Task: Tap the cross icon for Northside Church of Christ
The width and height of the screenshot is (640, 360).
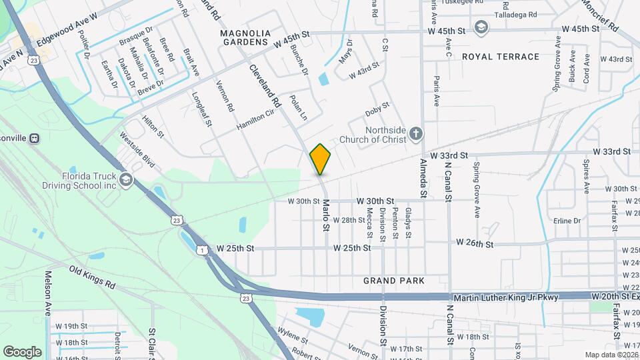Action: [x=415, y=134]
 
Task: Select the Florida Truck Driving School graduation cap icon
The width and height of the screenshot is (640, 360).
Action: [x=125, y=179]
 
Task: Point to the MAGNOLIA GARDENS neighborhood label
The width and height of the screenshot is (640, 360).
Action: [x=245, y=37]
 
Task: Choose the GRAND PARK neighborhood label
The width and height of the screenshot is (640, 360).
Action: [x=393, y=281]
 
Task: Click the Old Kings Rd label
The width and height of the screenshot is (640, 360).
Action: [x=92, y=276]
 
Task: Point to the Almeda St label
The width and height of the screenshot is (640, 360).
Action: [x=423, y=179]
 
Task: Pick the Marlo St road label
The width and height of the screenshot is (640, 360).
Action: [x=327, y=215]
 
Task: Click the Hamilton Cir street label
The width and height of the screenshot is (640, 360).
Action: [x=255, y=120]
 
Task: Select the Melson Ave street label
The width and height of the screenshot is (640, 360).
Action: [x=48, y=294]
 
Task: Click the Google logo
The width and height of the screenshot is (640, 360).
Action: [x=21, y=351]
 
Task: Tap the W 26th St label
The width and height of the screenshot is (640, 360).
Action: [x=475, y=244]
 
